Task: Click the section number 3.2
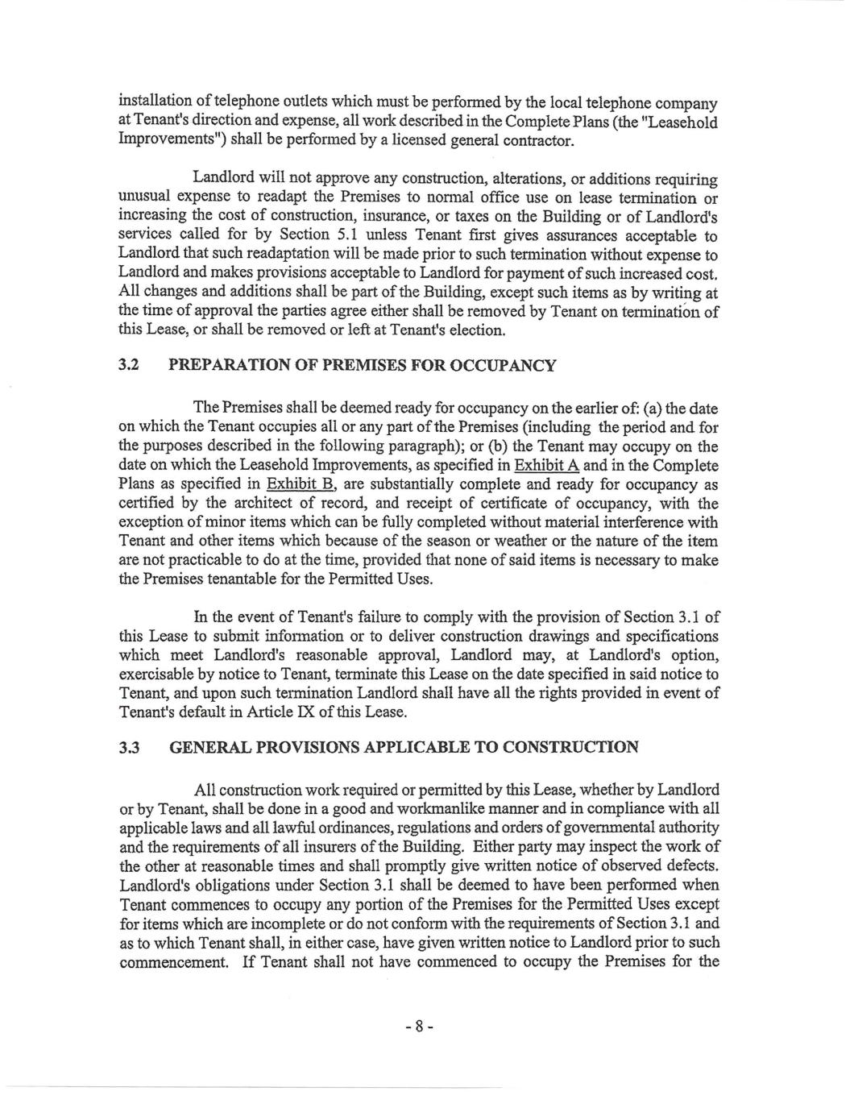(x=129, y=367)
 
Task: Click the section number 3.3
(x=129, y=748)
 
